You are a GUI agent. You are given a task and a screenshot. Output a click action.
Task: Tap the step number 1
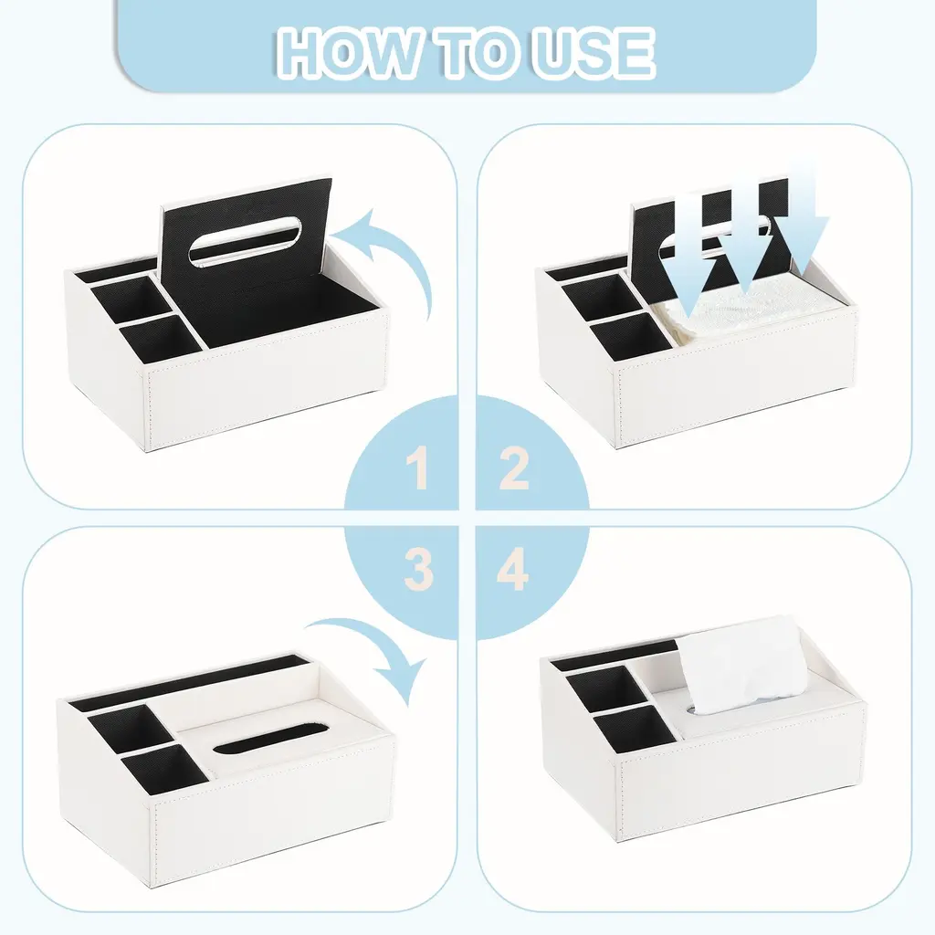419,468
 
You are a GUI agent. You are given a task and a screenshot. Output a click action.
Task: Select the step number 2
513,468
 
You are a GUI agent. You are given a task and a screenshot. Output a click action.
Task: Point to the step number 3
418,570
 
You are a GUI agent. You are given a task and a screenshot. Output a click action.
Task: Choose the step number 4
512,570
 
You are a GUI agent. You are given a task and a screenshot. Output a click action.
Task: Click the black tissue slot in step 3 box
270,738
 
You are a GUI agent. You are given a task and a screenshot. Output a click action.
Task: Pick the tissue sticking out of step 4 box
739,665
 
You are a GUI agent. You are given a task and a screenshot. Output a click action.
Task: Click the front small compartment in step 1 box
162,337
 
